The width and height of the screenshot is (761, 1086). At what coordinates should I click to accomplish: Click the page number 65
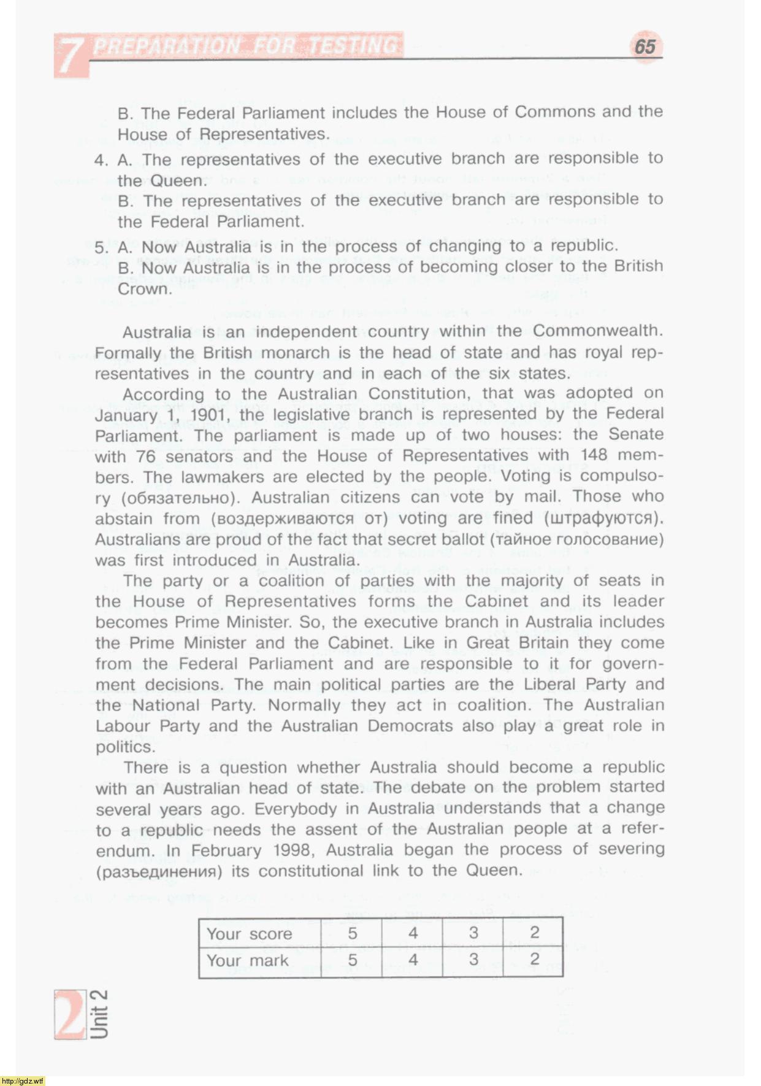pos(645,47)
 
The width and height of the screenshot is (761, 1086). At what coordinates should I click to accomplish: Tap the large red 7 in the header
pos(70,56)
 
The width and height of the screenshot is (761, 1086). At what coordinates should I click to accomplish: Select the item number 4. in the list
pos(101,161)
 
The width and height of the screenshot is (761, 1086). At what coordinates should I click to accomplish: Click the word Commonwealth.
pos(598,331)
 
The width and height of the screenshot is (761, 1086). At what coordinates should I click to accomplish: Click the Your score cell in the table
pos(249,934)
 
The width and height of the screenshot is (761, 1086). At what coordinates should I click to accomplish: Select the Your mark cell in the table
pos(247,961)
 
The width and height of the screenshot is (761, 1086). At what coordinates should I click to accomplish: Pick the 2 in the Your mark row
pos(534,960)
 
